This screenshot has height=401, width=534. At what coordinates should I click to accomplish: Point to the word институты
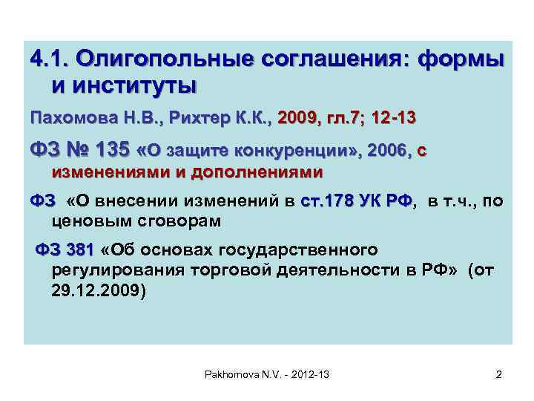[125, 85]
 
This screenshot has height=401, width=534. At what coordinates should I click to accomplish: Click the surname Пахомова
[70, 117]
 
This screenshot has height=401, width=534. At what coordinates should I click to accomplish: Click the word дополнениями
[257, 173]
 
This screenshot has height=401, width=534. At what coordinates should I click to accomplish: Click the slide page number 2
[498, 375]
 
